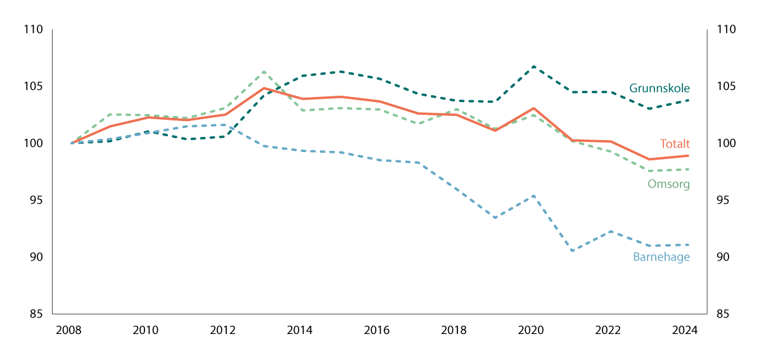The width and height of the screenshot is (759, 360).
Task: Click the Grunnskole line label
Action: [659, 89]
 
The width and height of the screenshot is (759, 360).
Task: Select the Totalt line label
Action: [674, 144]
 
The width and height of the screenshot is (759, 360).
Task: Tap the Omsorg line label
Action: [668, 184]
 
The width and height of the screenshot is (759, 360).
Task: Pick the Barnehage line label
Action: [661, 257]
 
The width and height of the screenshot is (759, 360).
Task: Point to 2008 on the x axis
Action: [69, 330]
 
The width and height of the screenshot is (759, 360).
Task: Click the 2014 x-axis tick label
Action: [300, 330]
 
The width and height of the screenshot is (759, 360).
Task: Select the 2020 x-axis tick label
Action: [531, 330]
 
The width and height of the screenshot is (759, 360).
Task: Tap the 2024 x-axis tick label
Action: [685, 330]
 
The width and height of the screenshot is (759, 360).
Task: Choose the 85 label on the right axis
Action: [722, 314]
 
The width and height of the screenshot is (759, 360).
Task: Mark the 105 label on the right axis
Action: [725, 87]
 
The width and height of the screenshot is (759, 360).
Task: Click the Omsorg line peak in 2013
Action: [264, 72]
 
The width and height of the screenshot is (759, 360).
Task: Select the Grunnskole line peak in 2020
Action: [533, 67]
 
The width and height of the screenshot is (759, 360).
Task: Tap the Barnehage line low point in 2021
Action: [572, 251]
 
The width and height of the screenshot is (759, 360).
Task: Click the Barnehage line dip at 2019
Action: [495, 217]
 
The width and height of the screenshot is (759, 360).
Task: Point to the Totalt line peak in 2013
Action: [264, 88]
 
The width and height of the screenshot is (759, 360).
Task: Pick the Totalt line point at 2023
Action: [649, 159]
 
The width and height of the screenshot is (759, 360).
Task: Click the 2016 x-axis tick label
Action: [377, 330]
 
